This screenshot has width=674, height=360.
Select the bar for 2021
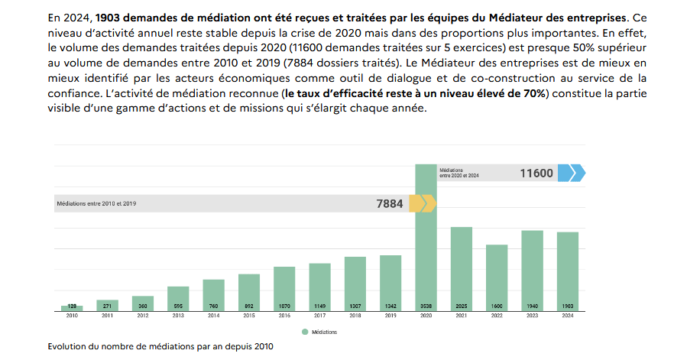pyautogui.click(x=461, y=268)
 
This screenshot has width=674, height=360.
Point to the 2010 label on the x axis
pyautogui.click(x=72, y=316)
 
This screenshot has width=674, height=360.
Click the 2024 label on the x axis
pyautogui.click(x=568, y=316)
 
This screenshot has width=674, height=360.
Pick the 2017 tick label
pyautogui.click(x=319, y=316)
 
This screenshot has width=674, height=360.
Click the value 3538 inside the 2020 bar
pyautogui.click(x=426, y=306)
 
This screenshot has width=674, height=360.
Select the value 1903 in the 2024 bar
pyautogui.click(x=568, y=306)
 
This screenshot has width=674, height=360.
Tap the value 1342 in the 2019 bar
pyautogui.click(x=390, y=306)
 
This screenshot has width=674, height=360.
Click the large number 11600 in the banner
pyautogui.click(x=536, y=174)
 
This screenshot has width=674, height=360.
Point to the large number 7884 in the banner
pyautogui.click(x=389, y=204)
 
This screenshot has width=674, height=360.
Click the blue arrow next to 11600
pyautogui.click(x=571, y=173)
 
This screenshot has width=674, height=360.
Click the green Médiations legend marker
pyautogui.click(x=304, y=332)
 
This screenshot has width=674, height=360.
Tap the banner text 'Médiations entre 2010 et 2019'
pyautogui.click(x=97, y=204)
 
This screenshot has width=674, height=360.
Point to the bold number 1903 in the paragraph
pyautogui.click(x=112, y=16)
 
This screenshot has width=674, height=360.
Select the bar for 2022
pyautogui.click(x=497, y=277)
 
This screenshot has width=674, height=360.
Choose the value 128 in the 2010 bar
pyautogui.click(x=72, y=306)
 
